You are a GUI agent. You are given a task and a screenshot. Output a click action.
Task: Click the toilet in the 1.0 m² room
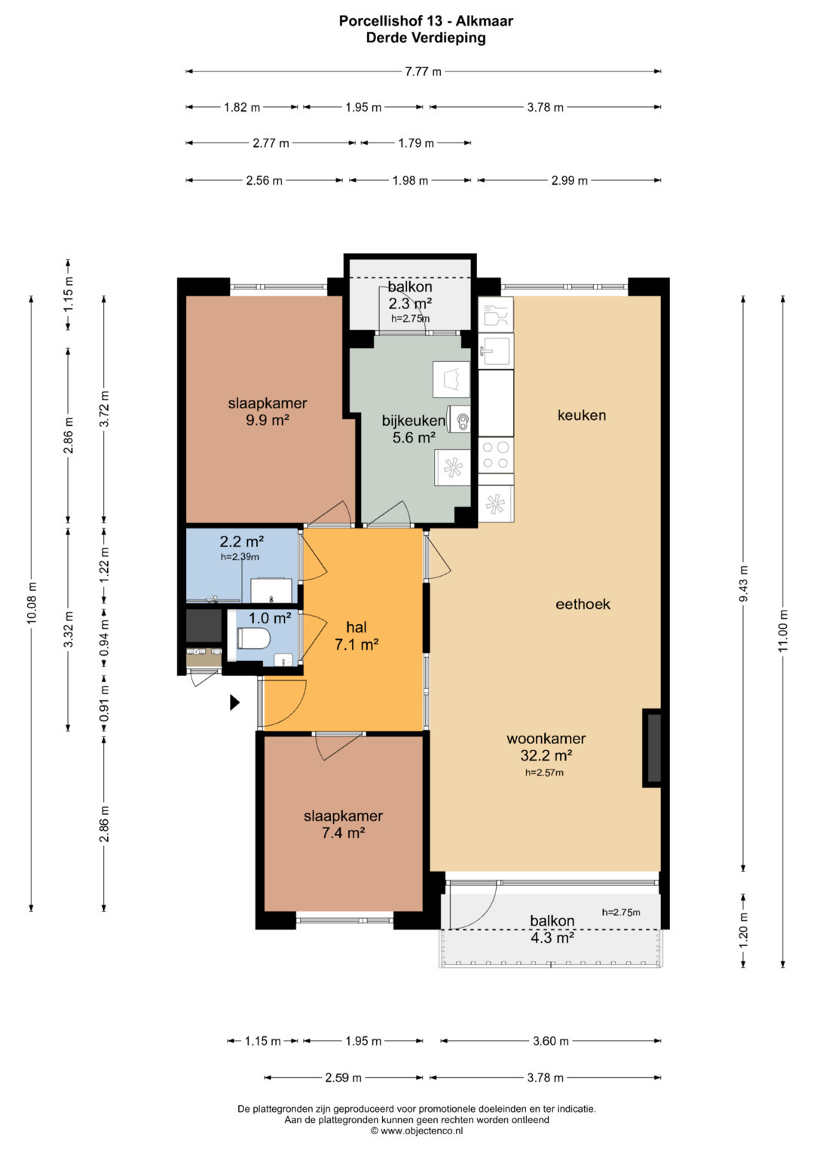tap(253, 638)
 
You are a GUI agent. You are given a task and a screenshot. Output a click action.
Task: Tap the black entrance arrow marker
tap(234, 703)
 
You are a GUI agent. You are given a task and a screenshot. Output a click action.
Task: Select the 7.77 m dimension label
tap(423, 72)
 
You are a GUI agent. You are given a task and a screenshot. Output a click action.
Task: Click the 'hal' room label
tap(356, 627)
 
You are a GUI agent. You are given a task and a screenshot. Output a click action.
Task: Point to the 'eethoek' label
tap(583, 604)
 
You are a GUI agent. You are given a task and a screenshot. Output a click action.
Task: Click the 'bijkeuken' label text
tap(413, 421)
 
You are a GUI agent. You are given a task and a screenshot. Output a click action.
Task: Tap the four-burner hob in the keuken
tap(496, 455)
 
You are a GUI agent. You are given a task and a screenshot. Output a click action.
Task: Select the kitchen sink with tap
tap(495, 351)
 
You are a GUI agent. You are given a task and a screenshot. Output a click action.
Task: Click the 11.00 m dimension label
tap(782, 631)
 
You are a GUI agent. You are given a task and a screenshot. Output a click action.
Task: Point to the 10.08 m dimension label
tap(32, 603)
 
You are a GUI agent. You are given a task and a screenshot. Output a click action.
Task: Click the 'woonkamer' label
tap(546, 739)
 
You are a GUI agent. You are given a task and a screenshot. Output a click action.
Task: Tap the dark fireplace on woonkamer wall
tap(652, 748)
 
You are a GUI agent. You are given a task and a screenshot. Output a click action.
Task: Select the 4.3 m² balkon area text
tap(552, 937)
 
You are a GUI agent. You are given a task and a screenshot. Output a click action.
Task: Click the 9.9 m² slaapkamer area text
tap(268, 420)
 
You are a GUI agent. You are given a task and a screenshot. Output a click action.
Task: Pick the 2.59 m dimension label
tap(343, 1078)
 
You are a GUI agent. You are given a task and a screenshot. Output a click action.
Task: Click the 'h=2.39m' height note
tap(240, 556)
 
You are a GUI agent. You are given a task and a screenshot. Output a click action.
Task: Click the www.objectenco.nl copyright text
tap(417, 1131)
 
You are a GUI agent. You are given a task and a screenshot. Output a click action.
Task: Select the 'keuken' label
tap(582, 415)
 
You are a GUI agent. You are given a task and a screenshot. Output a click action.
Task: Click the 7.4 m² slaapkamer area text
tap(343, 832)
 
